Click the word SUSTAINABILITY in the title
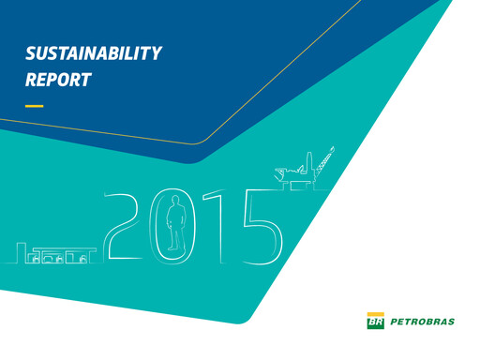[x=94, y=53]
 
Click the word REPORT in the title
[x=58, y=80]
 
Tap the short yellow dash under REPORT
[x=34, y=106]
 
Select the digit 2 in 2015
[x=125, y=225]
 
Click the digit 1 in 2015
[x=212, y=224]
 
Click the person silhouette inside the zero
[x=173, y=229]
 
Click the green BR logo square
[x=374, y=322]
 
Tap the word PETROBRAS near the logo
[x=420, y=322]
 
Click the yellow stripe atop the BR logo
[x=374, y=314]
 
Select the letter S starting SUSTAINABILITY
[x=30, y=53]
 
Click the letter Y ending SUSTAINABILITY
[x=157, y=53]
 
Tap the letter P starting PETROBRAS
[x=391, y=322]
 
